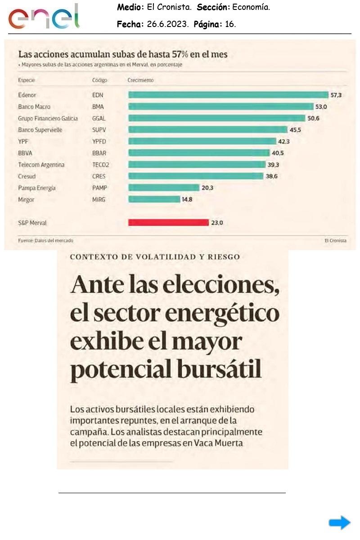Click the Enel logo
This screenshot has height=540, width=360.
pyautogui.click(x=44, y=17)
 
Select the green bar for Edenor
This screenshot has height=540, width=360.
pyautogui.click(x=228, y=95)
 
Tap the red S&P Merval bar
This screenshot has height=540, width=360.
pyautogui.click(x=168, y=222)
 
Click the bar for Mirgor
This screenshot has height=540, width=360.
pyautogui.click(x=154, y=199)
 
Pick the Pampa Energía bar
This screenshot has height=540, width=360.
pyautogui.click(x=163, y=188)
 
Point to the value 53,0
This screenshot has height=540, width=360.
pyautogui.click(x=321, y=107)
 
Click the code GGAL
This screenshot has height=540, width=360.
pyautogui.click(x=99, y=118)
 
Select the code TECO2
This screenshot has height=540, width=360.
pyautogui.click(x=100, y=165)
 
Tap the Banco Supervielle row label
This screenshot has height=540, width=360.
pyautogui.click(x=40, y=130)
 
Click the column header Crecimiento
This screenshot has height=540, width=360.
pyautogui.click(x=140, y=80)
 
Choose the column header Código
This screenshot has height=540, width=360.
pyautogui.click(x=99, y=80)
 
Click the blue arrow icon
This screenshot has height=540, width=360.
pyautogui.click(x=339, y=522)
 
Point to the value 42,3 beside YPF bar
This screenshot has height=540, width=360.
pyautogui.click(x=284, y=141)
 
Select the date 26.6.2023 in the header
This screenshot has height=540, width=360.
pyautogui.click(x=166, y=24)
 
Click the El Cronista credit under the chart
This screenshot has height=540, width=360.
pyautogui.click(x=335, y=241)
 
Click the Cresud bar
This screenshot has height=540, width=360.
pyautogui.click(x=196, y=176)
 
